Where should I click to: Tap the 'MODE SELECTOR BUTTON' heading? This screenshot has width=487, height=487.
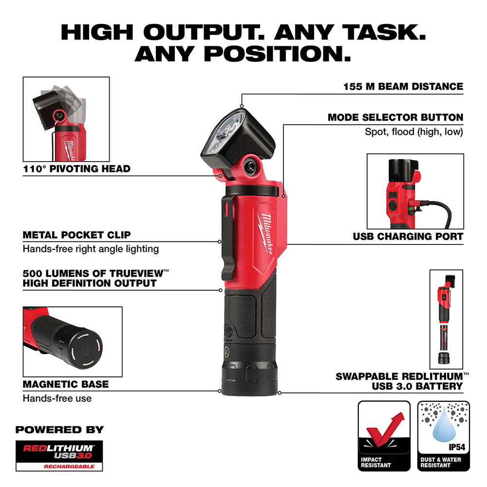395,117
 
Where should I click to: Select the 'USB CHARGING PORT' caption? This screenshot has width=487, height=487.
408,237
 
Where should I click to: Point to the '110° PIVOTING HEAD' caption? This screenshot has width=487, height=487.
76,169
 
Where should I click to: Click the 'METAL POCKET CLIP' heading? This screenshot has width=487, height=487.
76,235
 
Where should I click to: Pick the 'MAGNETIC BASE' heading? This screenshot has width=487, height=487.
66,384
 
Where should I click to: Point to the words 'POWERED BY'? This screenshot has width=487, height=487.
59,430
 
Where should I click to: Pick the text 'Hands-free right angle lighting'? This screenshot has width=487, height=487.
91,249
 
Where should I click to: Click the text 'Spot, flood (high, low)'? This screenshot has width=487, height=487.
414,132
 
